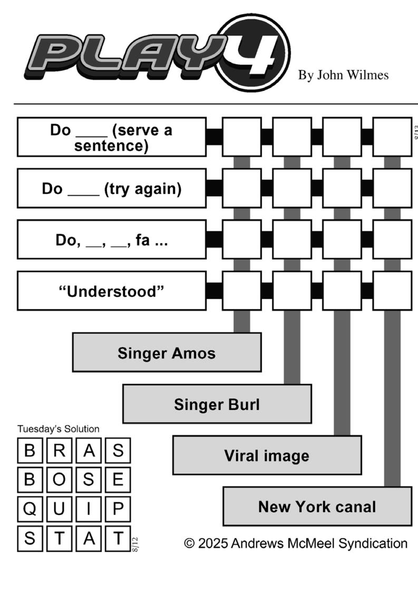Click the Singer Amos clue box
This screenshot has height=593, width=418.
167,352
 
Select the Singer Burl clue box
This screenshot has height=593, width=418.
217,404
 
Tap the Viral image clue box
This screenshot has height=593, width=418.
267,455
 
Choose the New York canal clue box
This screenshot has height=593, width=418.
317,506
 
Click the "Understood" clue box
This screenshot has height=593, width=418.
112,291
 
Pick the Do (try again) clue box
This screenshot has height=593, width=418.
112,188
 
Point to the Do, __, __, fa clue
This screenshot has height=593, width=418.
112,240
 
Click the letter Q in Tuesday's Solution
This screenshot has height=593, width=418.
30,509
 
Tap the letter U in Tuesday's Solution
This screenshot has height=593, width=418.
59,509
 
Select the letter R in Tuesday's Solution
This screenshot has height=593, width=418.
60,451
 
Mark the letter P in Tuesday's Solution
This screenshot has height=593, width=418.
118,509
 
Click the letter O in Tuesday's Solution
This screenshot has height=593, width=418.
59,480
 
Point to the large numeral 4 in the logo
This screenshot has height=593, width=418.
252,53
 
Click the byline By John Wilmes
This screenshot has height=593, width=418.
343,75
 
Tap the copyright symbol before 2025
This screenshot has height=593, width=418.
189,543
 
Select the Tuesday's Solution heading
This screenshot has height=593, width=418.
58,429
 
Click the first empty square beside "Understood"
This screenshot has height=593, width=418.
241,291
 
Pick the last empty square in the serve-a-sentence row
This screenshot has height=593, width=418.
392,137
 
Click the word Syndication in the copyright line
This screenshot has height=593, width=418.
373,544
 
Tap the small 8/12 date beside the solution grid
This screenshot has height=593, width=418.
135,544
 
